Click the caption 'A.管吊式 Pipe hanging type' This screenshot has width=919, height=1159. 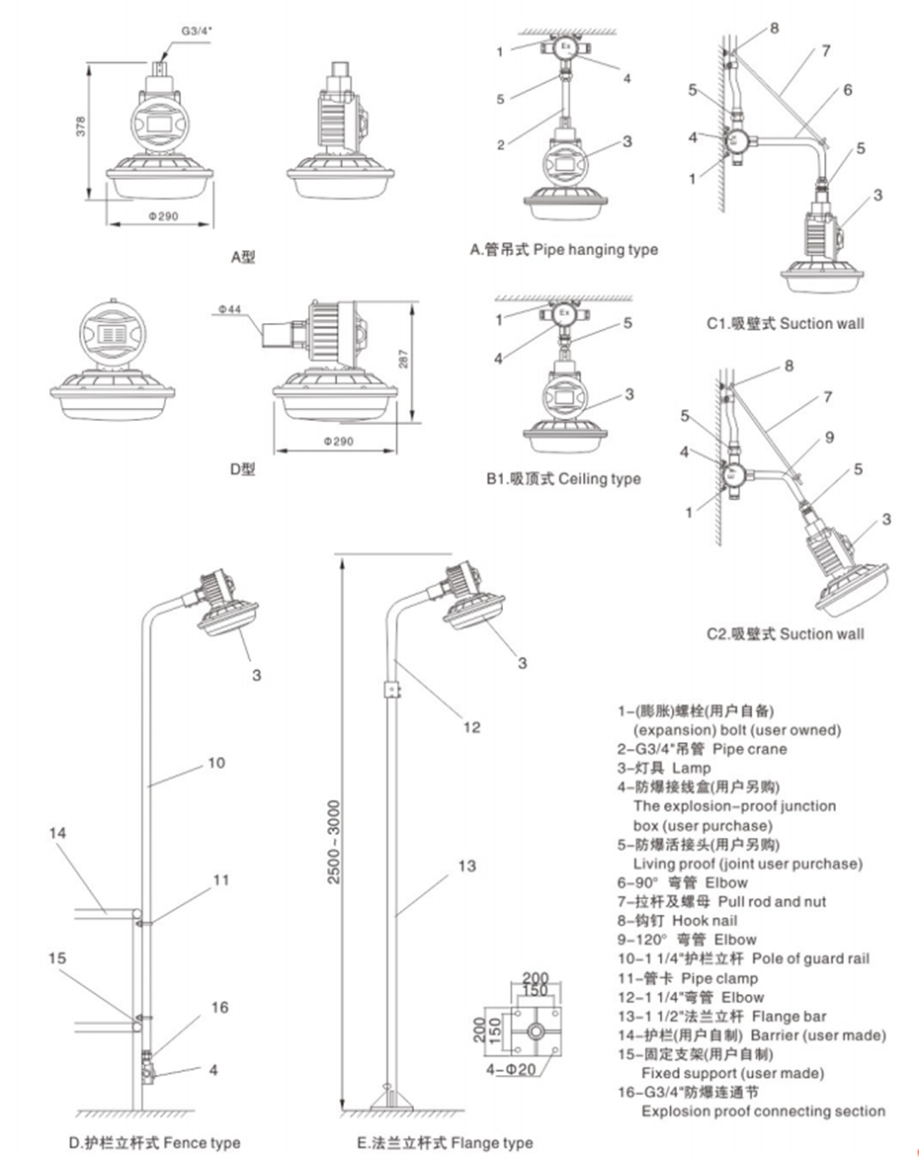point(563,250)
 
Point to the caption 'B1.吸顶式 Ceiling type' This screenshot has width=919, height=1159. point(562,478)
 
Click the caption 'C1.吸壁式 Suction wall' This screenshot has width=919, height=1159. point(785,323)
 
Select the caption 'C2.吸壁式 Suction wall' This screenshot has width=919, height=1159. point(785,633)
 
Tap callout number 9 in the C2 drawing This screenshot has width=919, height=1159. point(830,435)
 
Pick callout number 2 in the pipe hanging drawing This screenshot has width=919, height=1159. point(501,144)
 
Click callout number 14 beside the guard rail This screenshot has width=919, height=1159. point(58,833)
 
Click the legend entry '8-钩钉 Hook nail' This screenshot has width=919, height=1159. point(676,920)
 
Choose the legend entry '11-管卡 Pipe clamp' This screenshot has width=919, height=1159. point(688,977)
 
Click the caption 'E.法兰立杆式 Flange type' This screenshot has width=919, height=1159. point(445,1143)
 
